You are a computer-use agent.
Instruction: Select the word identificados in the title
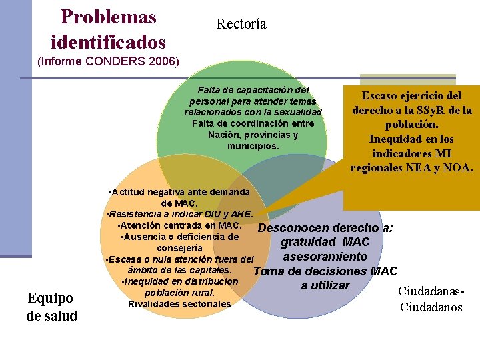108,43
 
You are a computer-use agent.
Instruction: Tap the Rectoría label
241,25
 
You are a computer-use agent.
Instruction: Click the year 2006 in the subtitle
164,62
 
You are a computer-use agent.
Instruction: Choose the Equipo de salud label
51,304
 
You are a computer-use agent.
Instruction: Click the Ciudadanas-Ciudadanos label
431,299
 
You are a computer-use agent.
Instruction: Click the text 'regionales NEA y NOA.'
411,167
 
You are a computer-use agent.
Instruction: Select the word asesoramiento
325,256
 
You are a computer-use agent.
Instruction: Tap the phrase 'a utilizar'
325,285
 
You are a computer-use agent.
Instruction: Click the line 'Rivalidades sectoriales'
179,304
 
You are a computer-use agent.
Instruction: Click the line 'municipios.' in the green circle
253,146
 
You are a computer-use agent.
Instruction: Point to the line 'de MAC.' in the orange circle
179,203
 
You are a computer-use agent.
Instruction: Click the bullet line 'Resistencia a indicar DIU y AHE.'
180,214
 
